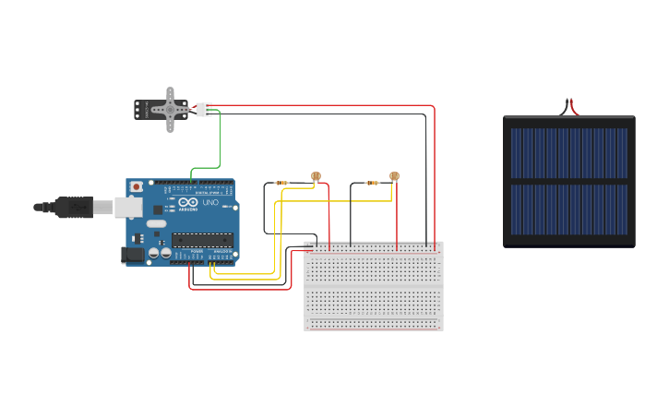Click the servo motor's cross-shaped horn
pos(170,109)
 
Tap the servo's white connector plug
pos(203,109)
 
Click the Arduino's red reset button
pos(137,186)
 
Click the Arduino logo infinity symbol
pos(188,202)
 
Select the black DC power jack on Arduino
pos(133,254)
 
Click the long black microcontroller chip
pos(201,240)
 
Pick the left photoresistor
pos(316,175)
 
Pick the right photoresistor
pos(394,175)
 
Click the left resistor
pos(281,183)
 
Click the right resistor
pos(372,183)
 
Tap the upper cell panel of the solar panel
pos(568,152)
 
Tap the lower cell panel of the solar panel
pos(568,209)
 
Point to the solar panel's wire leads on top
pos(568,106)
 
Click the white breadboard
pos(373,295)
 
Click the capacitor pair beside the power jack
pos(159,252)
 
